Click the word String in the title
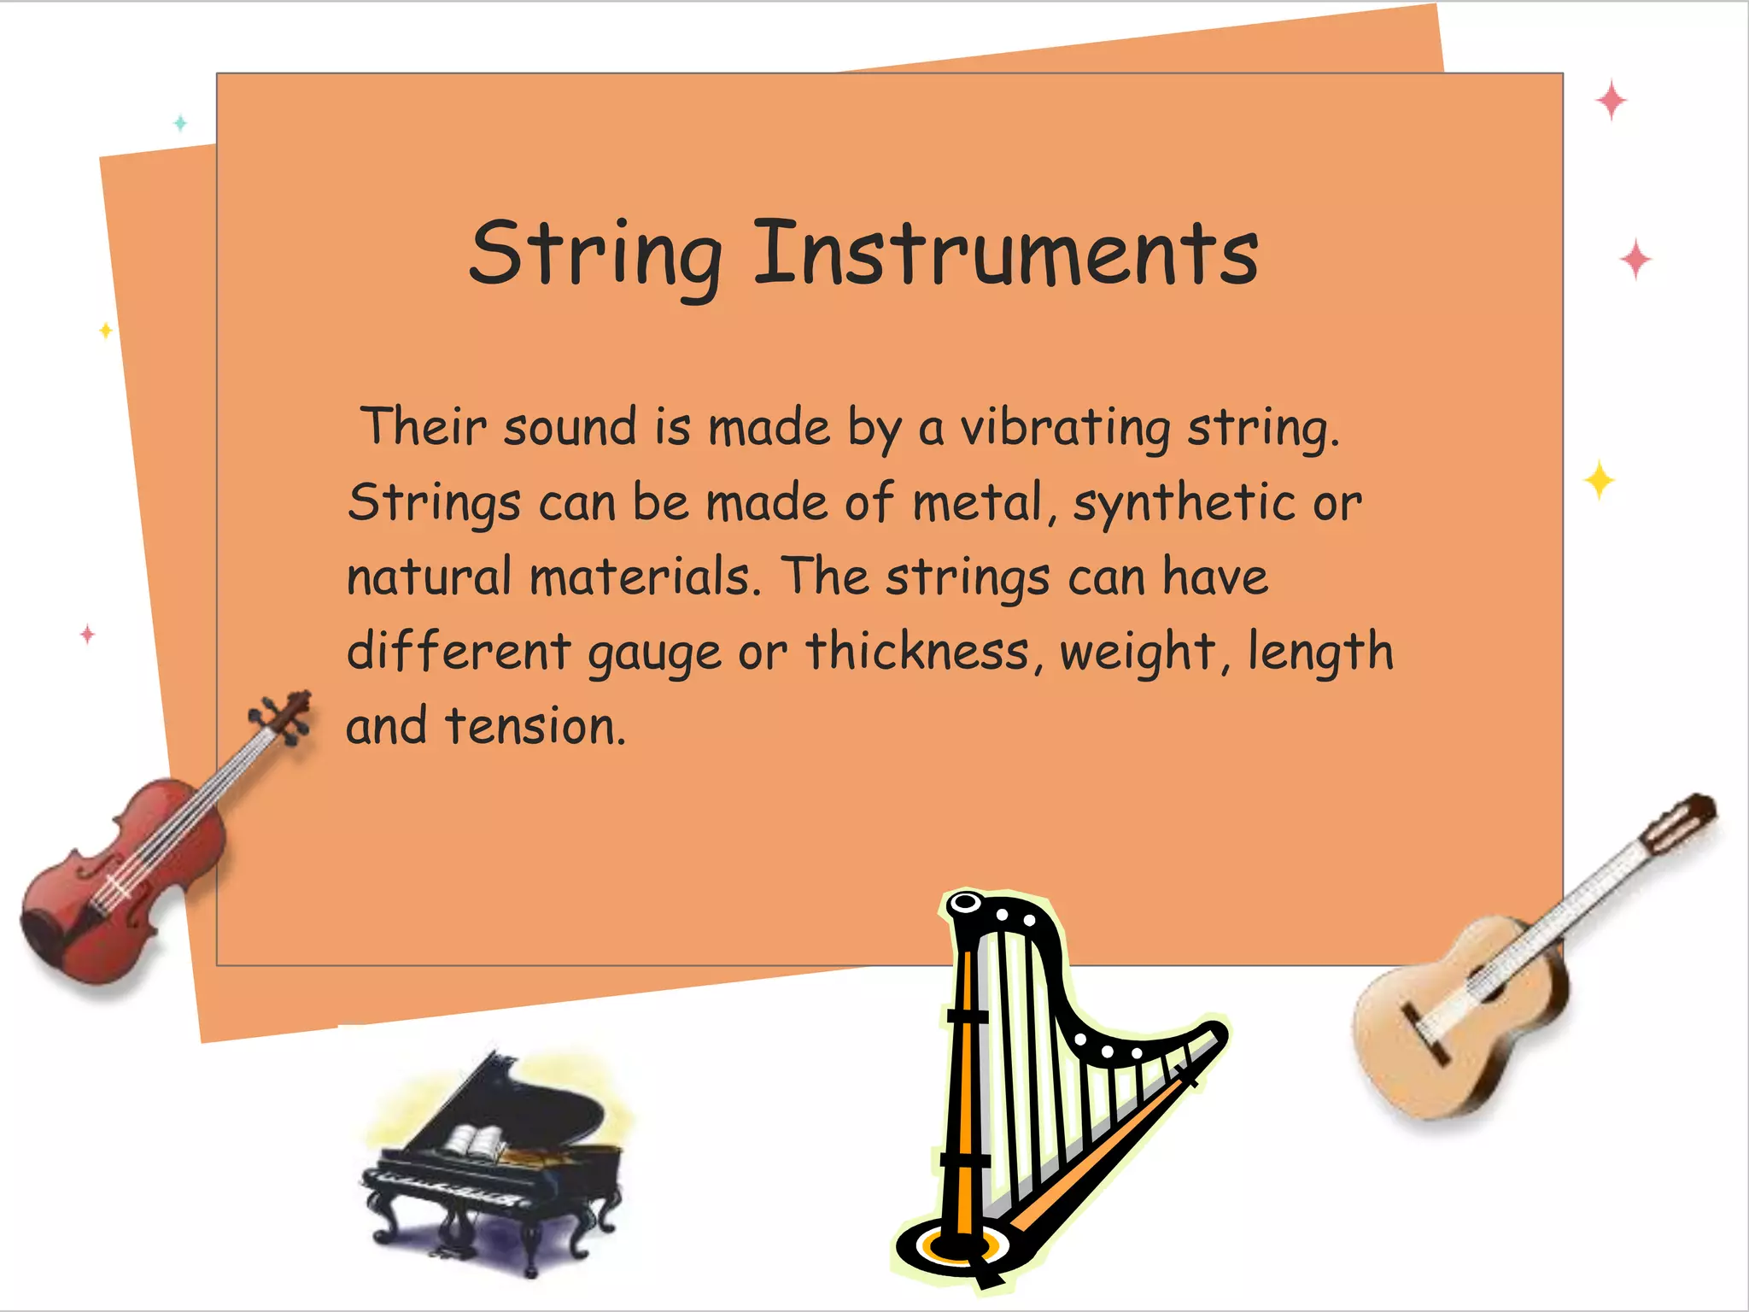click(595, 254)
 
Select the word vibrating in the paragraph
click(1065, 427)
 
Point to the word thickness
click(918, 651)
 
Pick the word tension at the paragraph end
click(535, 726)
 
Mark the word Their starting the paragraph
click(423, 427)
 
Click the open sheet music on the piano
click(478, 1143)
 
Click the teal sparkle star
click(180, 123)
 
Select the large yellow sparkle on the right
click(1599, 480)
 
